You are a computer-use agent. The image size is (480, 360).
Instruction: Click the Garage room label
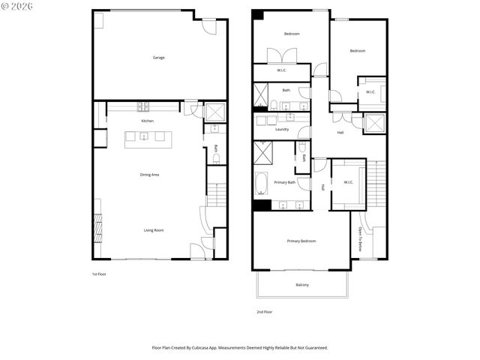158,58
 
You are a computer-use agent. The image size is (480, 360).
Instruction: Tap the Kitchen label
148,121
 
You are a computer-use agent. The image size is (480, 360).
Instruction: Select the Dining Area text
149,175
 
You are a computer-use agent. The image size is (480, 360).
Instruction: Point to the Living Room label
154,230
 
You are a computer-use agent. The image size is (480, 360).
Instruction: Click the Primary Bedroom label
301,241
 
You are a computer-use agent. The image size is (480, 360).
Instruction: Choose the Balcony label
301,285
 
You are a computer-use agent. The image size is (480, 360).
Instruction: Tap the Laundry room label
282,130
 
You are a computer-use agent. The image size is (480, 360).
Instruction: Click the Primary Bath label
284,182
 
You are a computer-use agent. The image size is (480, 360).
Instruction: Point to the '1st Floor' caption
99,274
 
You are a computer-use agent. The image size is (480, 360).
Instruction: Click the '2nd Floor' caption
263,311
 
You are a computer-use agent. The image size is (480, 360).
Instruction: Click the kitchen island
148,136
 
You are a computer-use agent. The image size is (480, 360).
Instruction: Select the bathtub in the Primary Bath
262,183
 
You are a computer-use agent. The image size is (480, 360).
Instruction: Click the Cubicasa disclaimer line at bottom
240,347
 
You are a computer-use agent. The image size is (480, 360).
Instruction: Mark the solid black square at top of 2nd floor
257,14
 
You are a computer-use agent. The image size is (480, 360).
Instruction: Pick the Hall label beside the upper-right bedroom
340,133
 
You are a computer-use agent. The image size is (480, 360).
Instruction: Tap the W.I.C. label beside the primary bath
348,182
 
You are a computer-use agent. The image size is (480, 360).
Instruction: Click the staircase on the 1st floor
216,194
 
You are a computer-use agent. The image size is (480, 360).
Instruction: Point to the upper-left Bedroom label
291,34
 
